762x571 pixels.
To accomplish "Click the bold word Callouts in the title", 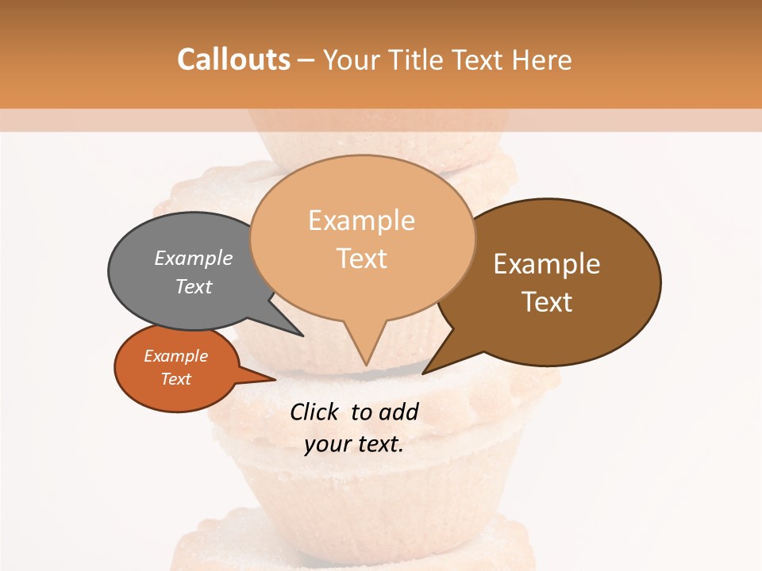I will pyautogui.click(x=233, y=59).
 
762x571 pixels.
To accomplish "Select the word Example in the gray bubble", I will pyautogui.click(x=194, y=258).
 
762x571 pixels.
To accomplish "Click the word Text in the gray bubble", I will pyautogui.click(x=194, y=286).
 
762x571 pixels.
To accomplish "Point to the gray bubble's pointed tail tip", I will pyautogui.click(x=302, y=335).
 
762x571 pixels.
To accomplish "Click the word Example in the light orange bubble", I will pyautogui.click(x=361, y=220).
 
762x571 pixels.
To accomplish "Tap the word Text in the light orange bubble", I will pyautogui.click(x=361, y=258).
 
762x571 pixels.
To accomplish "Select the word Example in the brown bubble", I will pyautogui.click(x=547, y=264).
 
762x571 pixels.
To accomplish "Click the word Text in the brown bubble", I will pyautogui.click(x=547, y=301).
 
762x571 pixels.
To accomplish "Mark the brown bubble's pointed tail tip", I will pyautogui.click(x=423, y=374).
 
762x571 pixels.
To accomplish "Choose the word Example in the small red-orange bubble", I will pyautogui.click(x=175, y=356).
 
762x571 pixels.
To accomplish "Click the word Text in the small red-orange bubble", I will pyautogui.click(x=175, y=379).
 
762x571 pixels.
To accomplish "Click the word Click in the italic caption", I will pyautogui.click(x=314, y=412).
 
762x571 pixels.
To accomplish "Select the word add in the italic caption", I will pyautogui.click(x=398, y=412).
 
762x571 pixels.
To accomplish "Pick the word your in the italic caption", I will pyautogui.click(x=326, y=444).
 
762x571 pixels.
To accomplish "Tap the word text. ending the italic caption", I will pyautogui.click(x=379, y=444).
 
